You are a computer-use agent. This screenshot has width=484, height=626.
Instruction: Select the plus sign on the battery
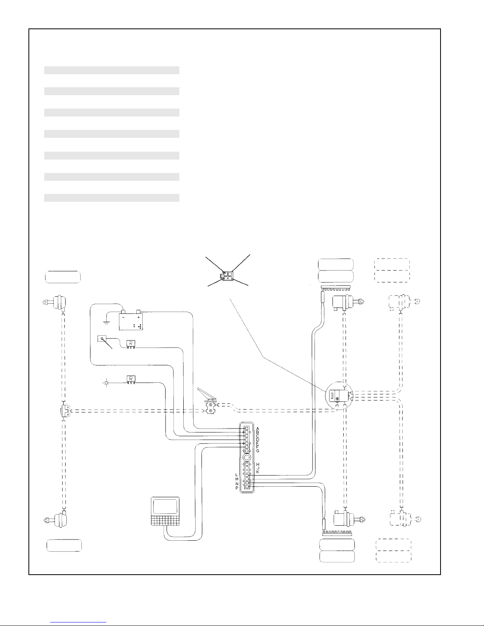[139, 317]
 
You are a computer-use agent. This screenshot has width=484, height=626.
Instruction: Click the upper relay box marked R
[130, 344]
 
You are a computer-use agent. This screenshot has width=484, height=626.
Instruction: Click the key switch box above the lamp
[102, 339]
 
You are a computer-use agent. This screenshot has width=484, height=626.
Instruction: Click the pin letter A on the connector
[258, 429]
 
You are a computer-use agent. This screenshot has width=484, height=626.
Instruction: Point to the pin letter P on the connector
[236, 489]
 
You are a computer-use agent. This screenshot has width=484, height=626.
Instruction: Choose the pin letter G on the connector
[258, 451]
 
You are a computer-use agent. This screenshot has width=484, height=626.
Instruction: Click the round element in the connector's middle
[247, 457]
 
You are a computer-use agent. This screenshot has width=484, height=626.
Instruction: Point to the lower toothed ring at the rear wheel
[337, 533]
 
